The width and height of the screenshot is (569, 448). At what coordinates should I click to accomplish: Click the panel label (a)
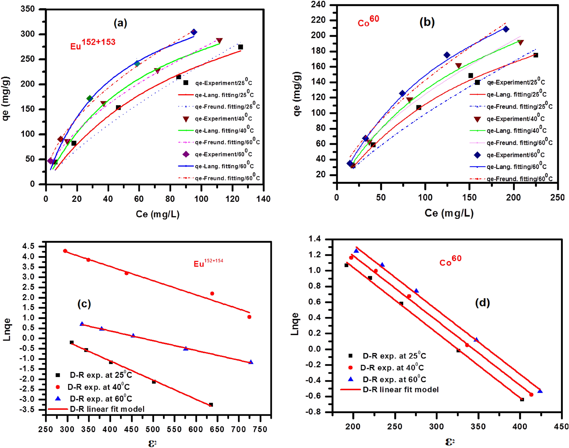(x=120, y=23)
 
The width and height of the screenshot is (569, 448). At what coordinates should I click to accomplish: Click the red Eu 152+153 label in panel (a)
(x=93, y=44)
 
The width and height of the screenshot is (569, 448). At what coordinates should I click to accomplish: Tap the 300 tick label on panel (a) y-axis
(x=28, y=34)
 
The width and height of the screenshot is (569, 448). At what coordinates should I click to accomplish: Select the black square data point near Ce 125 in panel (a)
(x=240, y=47)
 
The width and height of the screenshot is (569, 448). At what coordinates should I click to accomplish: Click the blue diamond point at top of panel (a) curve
(x=194, y=32)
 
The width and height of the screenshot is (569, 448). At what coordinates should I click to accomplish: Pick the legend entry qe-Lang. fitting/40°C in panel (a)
(x=224, y=130)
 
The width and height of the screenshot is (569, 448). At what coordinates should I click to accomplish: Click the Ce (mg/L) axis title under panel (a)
(x=157, y=214)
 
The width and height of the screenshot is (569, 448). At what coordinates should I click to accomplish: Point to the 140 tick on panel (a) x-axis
(x=263, y=199)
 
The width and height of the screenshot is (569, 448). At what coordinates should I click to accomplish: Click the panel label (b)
(x=427, y=22)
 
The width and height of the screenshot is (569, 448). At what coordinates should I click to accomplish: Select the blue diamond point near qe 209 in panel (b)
(x=506, y=29)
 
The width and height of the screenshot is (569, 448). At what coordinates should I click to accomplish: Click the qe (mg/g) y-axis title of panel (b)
(x=297, y=94)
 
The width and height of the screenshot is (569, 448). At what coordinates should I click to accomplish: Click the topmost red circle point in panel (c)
(x=65, y=251)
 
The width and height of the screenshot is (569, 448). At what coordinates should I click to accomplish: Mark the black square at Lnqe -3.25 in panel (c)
(x=211, y=405)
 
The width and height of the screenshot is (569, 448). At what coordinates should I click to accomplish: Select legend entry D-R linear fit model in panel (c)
(x=107, y=409)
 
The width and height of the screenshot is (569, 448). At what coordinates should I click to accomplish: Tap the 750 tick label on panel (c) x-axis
(x=260, y=429)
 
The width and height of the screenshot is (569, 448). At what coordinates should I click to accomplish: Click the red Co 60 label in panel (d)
(x=450, y=261)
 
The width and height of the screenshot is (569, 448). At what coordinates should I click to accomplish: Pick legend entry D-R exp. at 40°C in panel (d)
(x=392, y=368)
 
